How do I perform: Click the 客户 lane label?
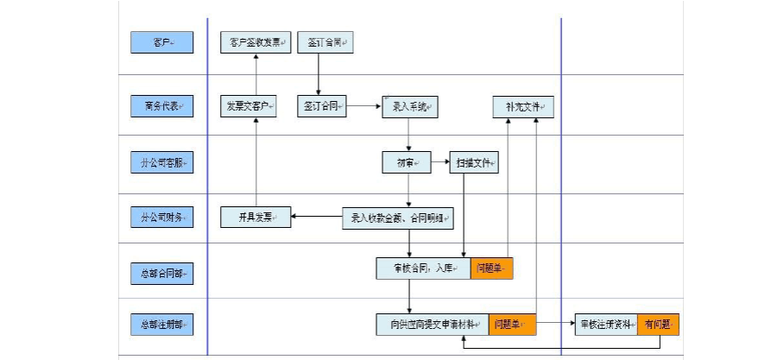(162, 42)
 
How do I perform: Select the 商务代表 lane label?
(162, 107)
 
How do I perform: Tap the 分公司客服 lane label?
(162, 163)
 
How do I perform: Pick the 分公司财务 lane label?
(162, 218)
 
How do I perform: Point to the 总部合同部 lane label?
(162, 274)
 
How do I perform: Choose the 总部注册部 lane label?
(162, 325)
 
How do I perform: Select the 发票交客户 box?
(250, 107)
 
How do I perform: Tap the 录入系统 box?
(410, 107)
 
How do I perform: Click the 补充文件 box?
(523, 107)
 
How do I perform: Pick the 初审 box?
(407, 163)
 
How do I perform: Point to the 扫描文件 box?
(474, 163)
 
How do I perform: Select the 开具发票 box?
(256, 218)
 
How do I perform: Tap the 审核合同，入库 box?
(423, 268)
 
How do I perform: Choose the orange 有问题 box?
(660, 325)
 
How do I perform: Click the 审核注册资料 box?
(608, 325)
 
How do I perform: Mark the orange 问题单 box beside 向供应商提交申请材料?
(512, 325)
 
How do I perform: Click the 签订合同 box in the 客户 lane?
(325, 42)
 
